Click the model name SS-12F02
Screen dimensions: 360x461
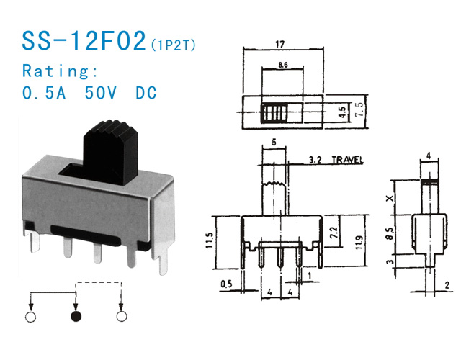coord(82,42)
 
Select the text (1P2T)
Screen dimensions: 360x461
coord(172,46)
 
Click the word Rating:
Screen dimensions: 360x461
coord(60,71)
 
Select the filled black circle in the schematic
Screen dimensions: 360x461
coord(75,316)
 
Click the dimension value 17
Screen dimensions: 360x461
coord(279,45)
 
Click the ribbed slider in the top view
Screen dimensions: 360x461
coord(274,112)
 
